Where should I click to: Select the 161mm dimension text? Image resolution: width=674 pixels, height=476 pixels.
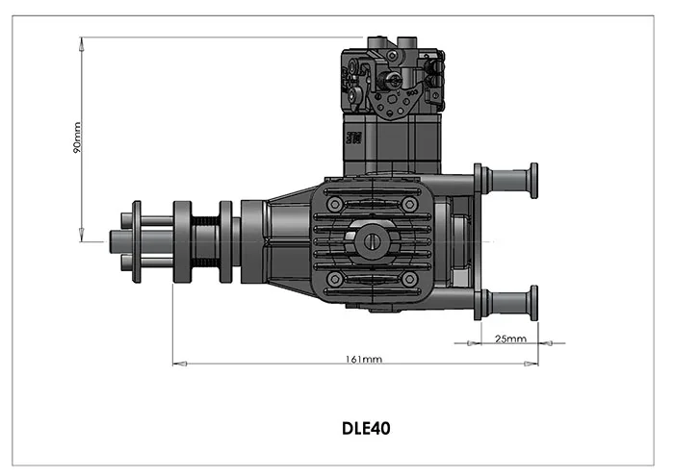(x=363, y=359)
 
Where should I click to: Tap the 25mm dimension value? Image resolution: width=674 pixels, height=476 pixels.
(x=509, y=338)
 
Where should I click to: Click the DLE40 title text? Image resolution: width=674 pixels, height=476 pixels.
(x=366, y=427)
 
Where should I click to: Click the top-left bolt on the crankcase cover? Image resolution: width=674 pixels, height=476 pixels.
(x=334, y=204)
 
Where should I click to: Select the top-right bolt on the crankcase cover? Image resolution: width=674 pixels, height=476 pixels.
(x=409, y=204)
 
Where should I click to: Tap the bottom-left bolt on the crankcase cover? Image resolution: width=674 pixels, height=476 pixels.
(x=334, y=279)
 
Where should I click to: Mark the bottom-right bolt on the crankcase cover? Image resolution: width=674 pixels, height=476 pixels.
(x=409, y=279)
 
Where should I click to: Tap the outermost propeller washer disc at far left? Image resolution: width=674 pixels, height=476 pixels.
(x=137, y=241)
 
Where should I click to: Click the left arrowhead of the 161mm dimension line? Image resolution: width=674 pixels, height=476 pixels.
(x=176, y=363)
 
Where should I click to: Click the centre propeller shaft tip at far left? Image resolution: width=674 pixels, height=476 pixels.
(x=114, y=241)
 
